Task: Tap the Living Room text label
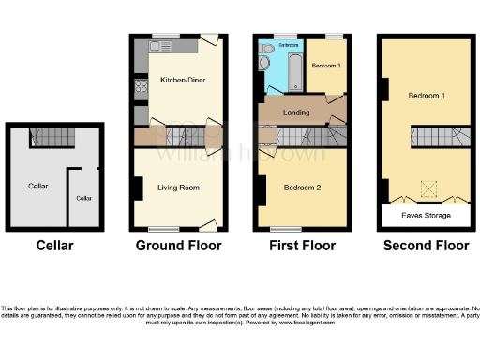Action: (178, 187)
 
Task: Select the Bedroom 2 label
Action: (303, 187)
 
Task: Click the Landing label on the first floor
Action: (297, 113)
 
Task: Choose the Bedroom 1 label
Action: (427, 96)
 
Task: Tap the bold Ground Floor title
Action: (178, 246)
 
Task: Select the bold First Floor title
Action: (301, 246)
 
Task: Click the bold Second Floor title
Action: (427, 246)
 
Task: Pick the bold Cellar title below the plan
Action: (54, 246)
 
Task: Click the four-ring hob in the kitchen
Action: (141, 90)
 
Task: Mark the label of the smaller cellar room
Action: (84, 198)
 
